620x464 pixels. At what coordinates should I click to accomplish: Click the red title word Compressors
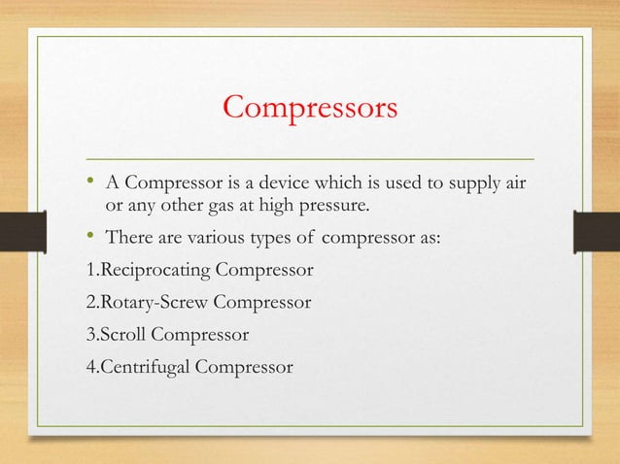point(310,107)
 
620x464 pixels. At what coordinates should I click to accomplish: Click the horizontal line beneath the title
point(310,157)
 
